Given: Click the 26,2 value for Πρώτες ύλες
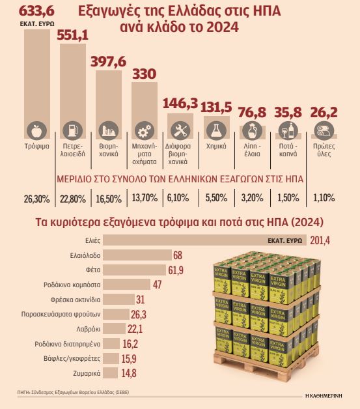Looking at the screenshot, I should pyautogui.click(x=324, y=112).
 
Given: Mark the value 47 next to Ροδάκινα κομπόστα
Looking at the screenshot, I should pyautogui.click(x=156, y=284).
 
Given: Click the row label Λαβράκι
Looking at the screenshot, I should pyautogui.click(x=89, y=328).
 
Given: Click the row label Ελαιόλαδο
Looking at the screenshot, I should pyautogui.click(x=84, y=255).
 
